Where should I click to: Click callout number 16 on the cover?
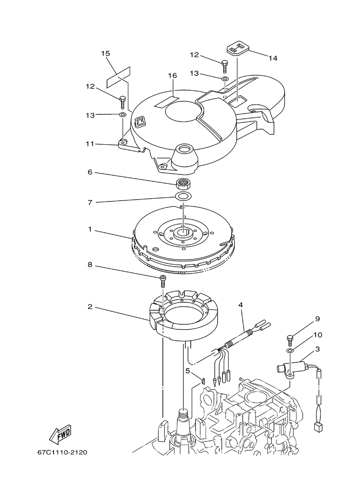pos(172,76)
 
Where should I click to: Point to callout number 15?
pos(106,54)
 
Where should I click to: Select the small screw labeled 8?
pos(163,281)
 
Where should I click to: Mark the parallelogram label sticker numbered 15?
pos(118,77)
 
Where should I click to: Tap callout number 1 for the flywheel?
pos(90,229)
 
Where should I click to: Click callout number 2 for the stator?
pos(90,307)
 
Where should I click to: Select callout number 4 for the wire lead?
pos(240,305)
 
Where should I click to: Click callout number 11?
pos(90,144)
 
